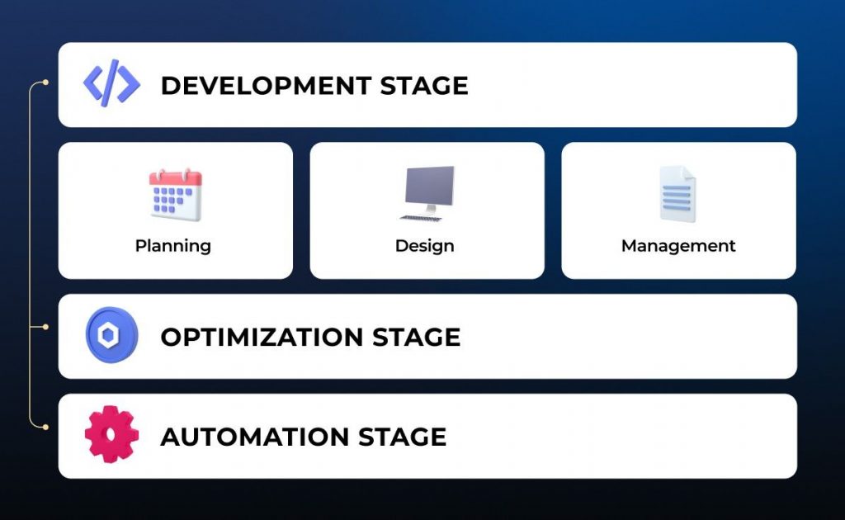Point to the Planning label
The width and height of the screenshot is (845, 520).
point(173,246)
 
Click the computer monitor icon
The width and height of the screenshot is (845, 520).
point(428,189)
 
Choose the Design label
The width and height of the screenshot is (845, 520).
point(424,246)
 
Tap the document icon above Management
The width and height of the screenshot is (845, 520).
point(677,195)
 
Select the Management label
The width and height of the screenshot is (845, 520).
point(678,246)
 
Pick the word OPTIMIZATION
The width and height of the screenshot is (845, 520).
point(262,338)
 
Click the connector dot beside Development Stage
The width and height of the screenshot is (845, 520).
point(45,83)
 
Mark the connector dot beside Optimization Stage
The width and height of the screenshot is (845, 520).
point(45,327)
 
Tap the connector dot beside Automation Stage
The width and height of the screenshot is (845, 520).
point(45,427)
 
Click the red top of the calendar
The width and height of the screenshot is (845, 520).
point(175,177)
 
